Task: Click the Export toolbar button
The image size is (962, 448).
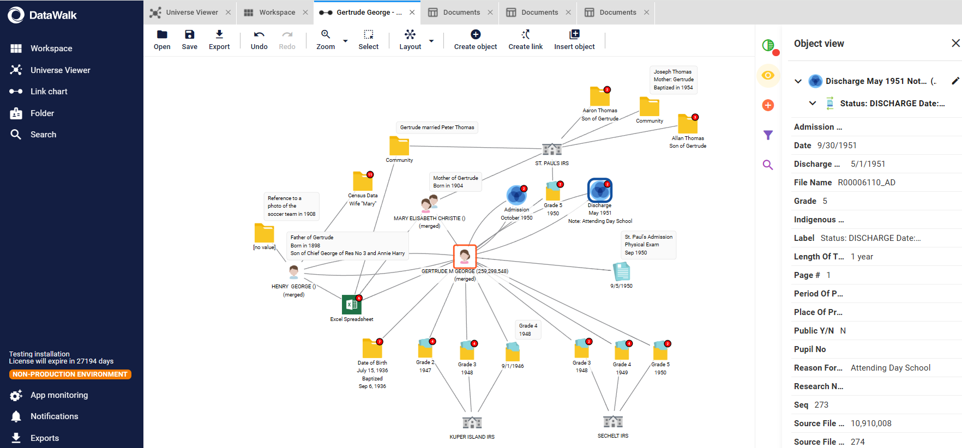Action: click(219, 40)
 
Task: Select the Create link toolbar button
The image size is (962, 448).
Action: click(525, 40)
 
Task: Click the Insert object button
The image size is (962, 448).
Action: click(574, 40)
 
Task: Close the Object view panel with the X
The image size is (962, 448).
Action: click(955, 43)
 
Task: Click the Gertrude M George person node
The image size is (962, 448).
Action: click(465, 256)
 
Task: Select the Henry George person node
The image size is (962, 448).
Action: click(294, 271)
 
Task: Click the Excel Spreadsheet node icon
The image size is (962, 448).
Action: click(352, 305)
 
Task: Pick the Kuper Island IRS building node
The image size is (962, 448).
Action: click(472, 422)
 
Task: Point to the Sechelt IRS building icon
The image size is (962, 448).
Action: click(613, 421)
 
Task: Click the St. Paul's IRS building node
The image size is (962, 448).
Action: click(552, 148)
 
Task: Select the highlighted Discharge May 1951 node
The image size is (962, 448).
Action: click(600, 190)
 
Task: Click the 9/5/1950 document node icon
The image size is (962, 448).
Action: click(622, 271)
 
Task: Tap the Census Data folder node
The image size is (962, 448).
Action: click(363, 181)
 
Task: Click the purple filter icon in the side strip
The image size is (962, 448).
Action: click(768, 135)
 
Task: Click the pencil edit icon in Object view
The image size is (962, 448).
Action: click(955, 81)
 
